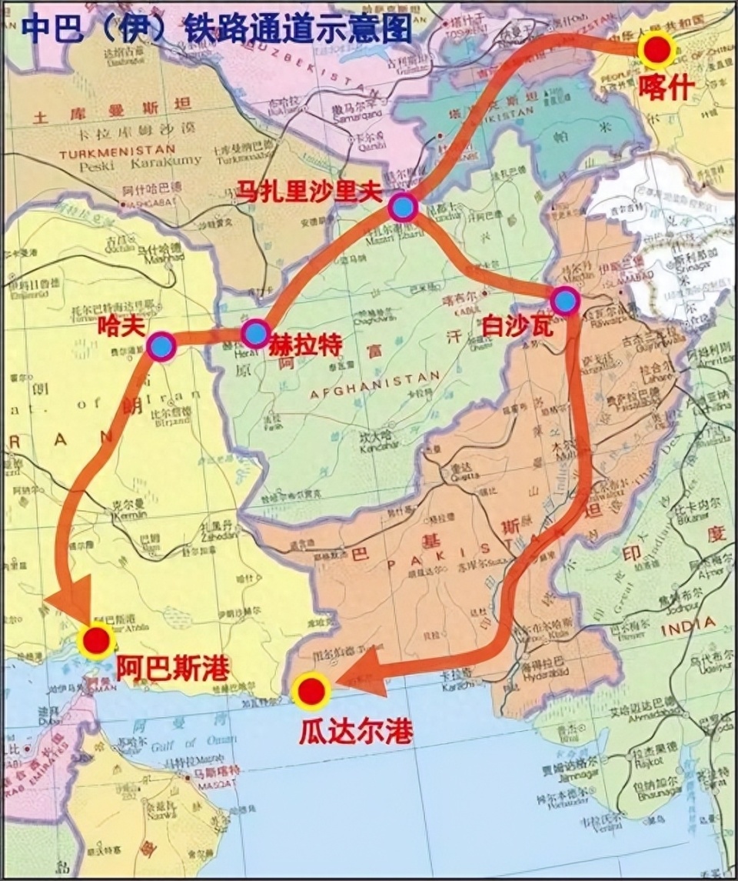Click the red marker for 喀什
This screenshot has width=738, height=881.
click(x=656, y=51)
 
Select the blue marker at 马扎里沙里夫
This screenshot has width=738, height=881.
click(x=403, y=207)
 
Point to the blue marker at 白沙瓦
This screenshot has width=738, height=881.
click(x=565, y=301)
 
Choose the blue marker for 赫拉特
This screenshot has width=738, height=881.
click(x=255, y=333)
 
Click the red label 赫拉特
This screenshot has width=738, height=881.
click(x=304, y=344)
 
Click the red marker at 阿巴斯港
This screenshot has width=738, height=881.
click(x=97, y=639)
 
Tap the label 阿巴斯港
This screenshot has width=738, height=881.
click(x=172, y=667)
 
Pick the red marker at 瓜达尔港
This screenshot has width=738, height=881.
click(x=311, y=691)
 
